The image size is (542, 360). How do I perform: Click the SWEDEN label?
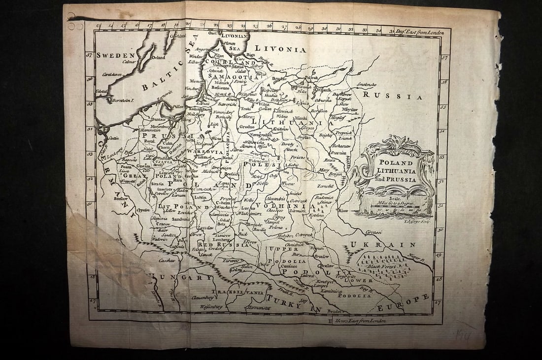click(x=116, y=56)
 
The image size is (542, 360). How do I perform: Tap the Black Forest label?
click(x=390, y=266)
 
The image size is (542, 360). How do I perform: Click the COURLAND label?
click(x=236, y=63)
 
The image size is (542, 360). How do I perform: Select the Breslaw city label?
click(x=121, y=199)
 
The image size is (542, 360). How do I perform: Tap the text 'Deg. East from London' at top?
click(x=420, y=32)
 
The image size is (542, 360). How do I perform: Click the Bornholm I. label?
click(x=123, y=100)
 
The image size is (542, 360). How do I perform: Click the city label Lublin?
click(x=200, y=196)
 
